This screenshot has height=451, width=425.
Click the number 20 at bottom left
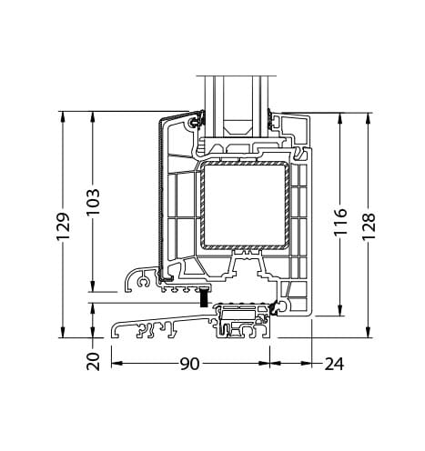pyautogui.click(x=92, y=361)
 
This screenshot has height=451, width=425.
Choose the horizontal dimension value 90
pyautogui.click(x=189, y=364)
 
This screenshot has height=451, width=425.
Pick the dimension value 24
pyautogui.click(x=334, y=364)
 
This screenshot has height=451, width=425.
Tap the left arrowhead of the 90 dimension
pyautogui.click(x=116, y=364)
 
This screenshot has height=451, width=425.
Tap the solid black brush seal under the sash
pyautogui.click(x=205, y=296)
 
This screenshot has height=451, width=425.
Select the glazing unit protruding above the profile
pyautogui.click(x=236, y=100)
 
